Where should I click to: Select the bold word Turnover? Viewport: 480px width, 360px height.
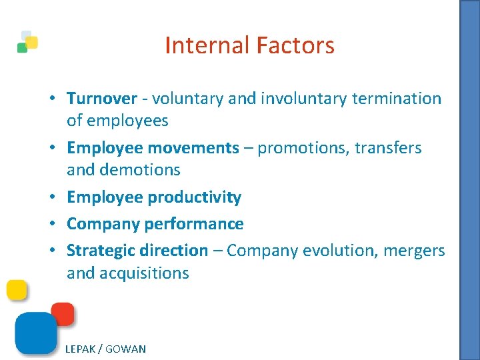coord(101,99)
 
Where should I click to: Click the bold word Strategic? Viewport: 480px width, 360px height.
coord(101,251)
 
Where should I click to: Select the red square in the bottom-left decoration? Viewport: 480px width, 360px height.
coord(63,314)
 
